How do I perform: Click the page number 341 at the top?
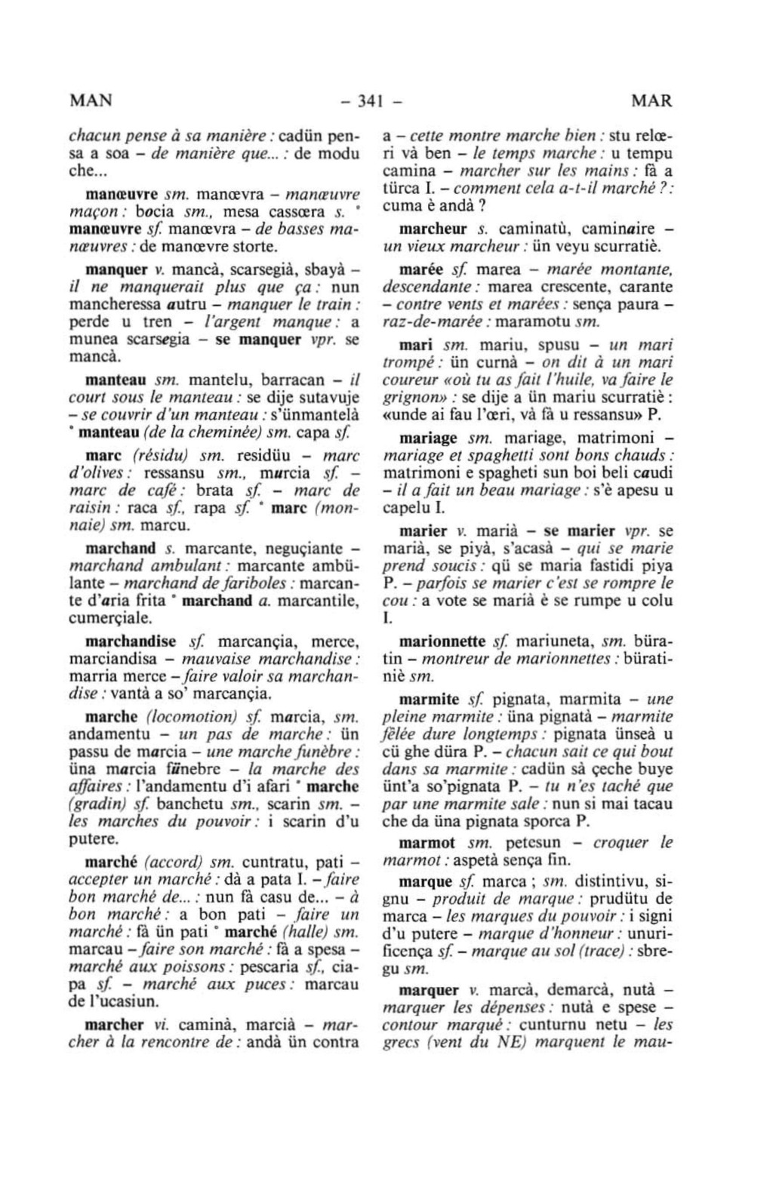coord(371,100)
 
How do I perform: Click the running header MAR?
coord(651,100)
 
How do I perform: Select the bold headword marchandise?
coord(133,642)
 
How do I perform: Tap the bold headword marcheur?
coord(433,229)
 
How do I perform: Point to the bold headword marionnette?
coord(442,642)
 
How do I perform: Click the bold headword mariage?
coord(428,438)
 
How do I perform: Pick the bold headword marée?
coord(419,269)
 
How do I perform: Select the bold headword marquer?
coord(428,989)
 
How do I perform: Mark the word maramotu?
coord(534,322)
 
